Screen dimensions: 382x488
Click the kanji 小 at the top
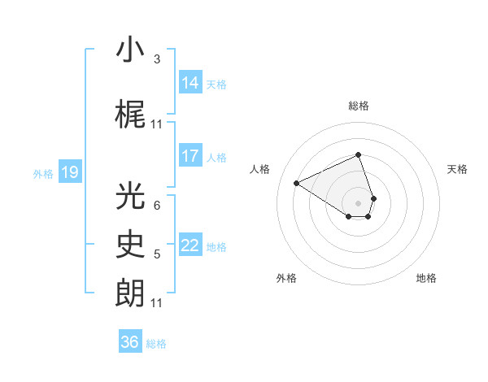[x=130, y=50]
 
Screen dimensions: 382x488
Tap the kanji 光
[x=130, y=196]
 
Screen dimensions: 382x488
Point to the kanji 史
[x=130, y=245]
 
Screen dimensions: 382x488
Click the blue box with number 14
[x=190, y=83]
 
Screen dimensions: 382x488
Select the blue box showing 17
[x=190, y=156]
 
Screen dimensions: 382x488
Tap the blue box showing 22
[x=190, y=246]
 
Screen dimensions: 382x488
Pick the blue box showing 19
[x=70, y=172]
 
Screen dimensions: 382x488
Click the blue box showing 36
[x=130, y=342]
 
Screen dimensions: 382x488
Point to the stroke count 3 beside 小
[x=157, y=59]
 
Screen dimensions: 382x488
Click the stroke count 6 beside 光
[x=157, y=206]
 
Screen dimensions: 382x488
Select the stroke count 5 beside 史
[x=157, y=254]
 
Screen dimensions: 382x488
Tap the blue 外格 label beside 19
[x=43, y=173]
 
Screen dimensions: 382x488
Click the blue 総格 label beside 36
[x=156, y=344]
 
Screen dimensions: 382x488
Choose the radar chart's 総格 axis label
[x=359, y=106]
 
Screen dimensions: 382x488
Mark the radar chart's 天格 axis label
[x=457, y=169]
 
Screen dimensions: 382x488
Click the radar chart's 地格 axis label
[x=426, y=278]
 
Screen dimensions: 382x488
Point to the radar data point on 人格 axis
[x=297, y=183]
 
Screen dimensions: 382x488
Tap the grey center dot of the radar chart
[x=359, y=202]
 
